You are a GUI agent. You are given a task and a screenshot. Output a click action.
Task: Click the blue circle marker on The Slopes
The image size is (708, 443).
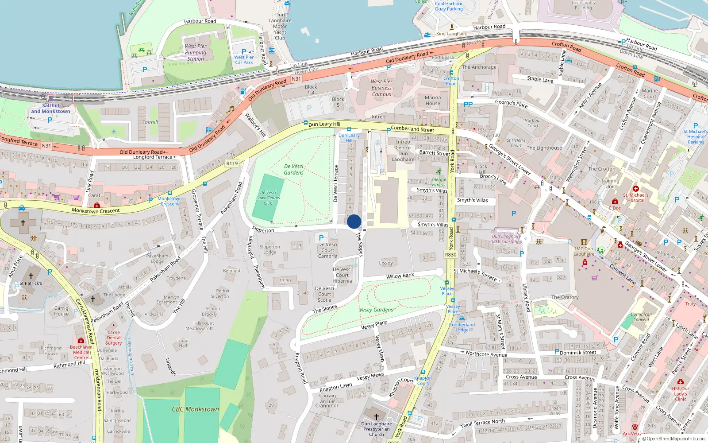354,221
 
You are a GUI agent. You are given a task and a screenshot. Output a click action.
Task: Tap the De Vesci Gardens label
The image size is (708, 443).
294,169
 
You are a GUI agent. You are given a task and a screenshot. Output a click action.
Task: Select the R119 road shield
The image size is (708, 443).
232,163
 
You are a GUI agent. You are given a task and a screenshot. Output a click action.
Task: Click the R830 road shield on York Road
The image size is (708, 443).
450,255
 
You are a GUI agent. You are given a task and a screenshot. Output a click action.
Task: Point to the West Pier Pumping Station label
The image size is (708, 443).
196,52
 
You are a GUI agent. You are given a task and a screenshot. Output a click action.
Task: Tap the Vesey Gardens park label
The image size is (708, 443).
376,310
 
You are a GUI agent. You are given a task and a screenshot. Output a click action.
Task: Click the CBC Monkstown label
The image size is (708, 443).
196,409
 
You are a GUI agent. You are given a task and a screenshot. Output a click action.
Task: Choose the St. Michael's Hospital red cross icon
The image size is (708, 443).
636,189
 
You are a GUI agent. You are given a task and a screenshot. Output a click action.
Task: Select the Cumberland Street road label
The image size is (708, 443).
412,129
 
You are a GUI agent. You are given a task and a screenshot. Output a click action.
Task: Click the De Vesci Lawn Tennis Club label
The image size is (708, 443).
268,198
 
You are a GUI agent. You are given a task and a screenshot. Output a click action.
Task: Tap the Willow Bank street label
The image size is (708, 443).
400,276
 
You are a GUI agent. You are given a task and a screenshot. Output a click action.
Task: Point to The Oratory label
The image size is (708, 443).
565,297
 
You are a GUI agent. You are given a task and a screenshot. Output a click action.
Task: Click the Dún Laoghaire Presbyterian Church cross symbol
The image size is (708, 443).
377,417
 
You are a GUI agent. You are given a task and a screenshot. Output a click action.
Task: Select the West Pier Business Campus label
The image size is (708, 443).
381,88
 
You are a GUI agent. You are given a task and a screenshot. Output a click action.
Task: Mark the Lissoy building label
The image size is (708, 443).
386,263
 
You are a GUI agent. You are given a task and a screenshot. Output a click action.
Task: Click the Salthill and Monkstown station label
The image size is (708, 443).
50,109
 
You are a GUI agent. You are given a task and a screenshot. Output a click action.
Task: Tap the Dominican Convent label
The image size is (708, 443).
641,317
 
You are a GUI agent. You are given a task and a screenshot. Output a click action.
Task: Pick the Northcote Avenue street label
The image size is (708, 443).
486,354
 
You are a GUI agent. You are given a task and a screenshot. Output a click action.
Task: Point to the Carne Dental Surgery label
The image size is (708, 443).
114,338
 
